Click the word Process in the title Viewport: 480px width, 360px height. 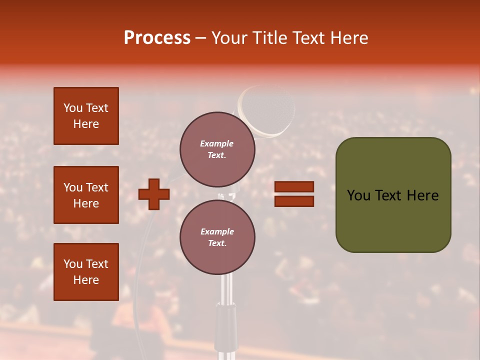pos(157,38)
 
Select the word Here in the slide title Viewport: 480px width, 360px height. pos(348,38)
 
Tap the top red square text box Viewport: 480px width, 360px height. pos(86,116)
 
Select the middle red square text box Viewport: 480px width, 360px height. pos(86,195)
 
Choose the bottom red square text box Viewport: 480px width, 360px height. pos(86,272)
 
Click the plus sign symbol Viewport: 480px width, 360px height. pos(154,194)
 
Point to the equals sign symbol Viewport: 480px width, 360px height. pos(294,194)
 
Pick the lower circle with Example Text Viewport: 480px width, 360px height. pos(217,237)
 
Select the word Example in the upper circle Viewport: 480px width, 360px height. pos(217,143)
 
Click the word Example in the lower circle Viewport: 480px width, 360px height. pos(217,231)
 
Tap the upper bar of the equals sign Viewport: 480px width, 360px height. pos(294,187)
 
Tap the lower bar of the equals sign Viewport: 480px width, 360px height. pos(294,201)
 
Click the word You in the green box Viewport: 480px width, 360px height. pos(359,195)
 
